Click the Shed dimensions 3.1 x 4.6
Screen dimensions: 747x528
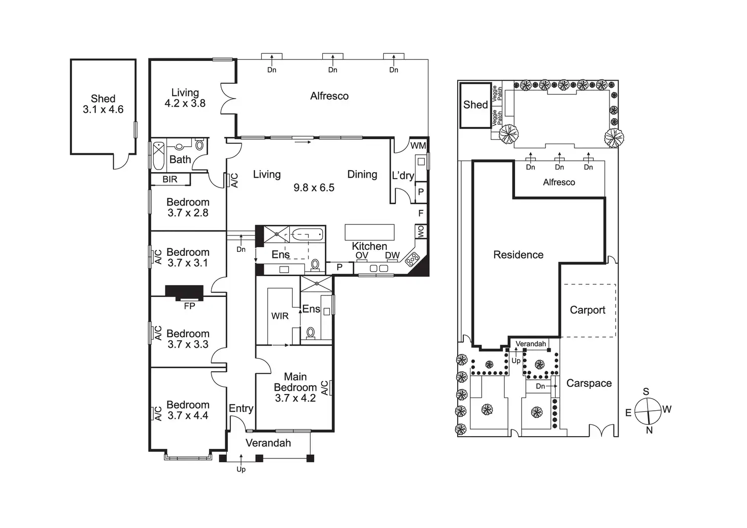pos(103,110)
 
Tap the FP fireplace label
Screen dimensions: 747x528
pos(189,306)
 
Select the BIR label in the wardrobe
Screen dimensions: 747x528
pos(170,179)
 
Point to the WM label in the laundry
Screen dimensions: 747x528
pos(418,146)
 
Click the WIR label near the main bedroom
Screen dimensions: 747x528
pos(280,316)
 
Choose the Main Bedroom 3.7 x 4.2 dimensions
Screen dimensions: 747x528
pos(295,398)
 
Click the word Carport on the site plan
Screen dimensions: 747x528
pos(588,310)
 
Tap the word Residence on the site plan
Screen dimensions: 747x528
pos(518,255)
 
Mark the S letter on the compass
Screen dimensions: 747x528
pos(646,391)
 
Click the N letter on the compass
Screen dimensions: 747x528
pos(649,431)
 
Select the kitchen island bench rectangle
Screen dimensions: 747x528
pos(369,232)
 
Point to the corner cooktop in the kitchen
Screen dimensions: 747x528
pos(412,259)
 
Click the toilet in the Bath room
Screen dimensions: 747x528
pos(199,145)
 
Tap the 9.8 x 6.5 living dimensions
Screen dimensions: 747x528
pos(314,188)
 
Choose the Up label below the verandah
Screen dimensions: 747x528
pos(241,469)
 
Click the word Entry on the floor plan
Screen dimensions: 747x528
pos(241,408)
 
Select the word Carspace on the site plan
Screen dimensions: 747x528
pos(589,383)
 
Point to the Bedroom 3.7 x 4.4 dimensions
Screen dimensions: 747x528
pos(188,416)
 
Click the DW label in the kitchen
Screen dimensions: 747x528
pos(392,255)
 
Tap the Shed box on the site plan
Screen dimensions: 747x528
pos(475,105)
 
